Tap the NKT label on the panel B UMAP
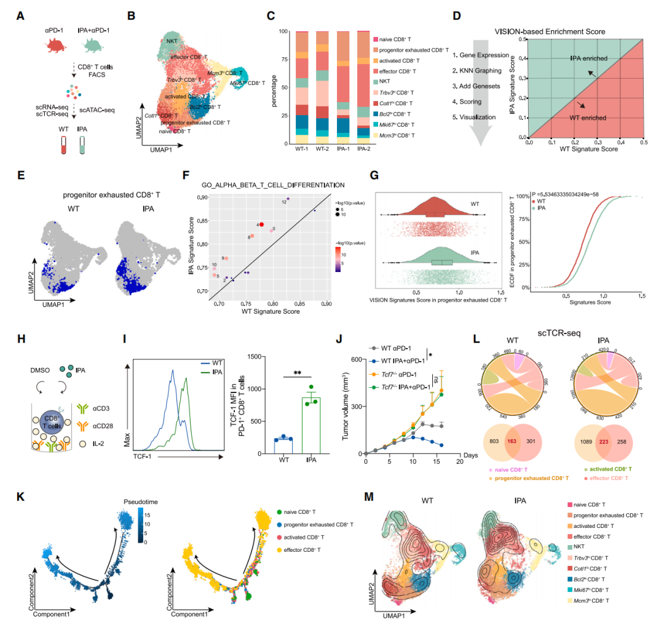(x=173, y=41)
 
